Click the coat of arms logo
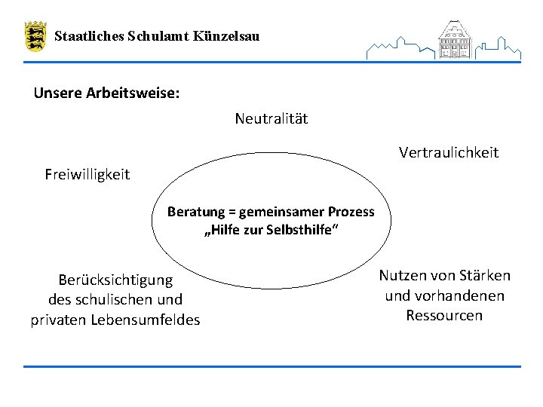point(35,36)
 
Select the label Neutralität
point(271,119)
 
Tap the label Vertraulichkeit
point(449,153)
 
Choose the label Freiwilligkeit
point(87,175)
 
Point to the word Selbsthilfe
point(302,230)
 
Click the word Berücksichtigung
point(115,280)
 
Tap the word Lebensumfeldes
point(146,320)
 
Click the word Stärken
point(485,276)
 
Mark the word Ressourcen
point(444,316)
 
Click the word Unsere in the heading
point(55,94)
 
